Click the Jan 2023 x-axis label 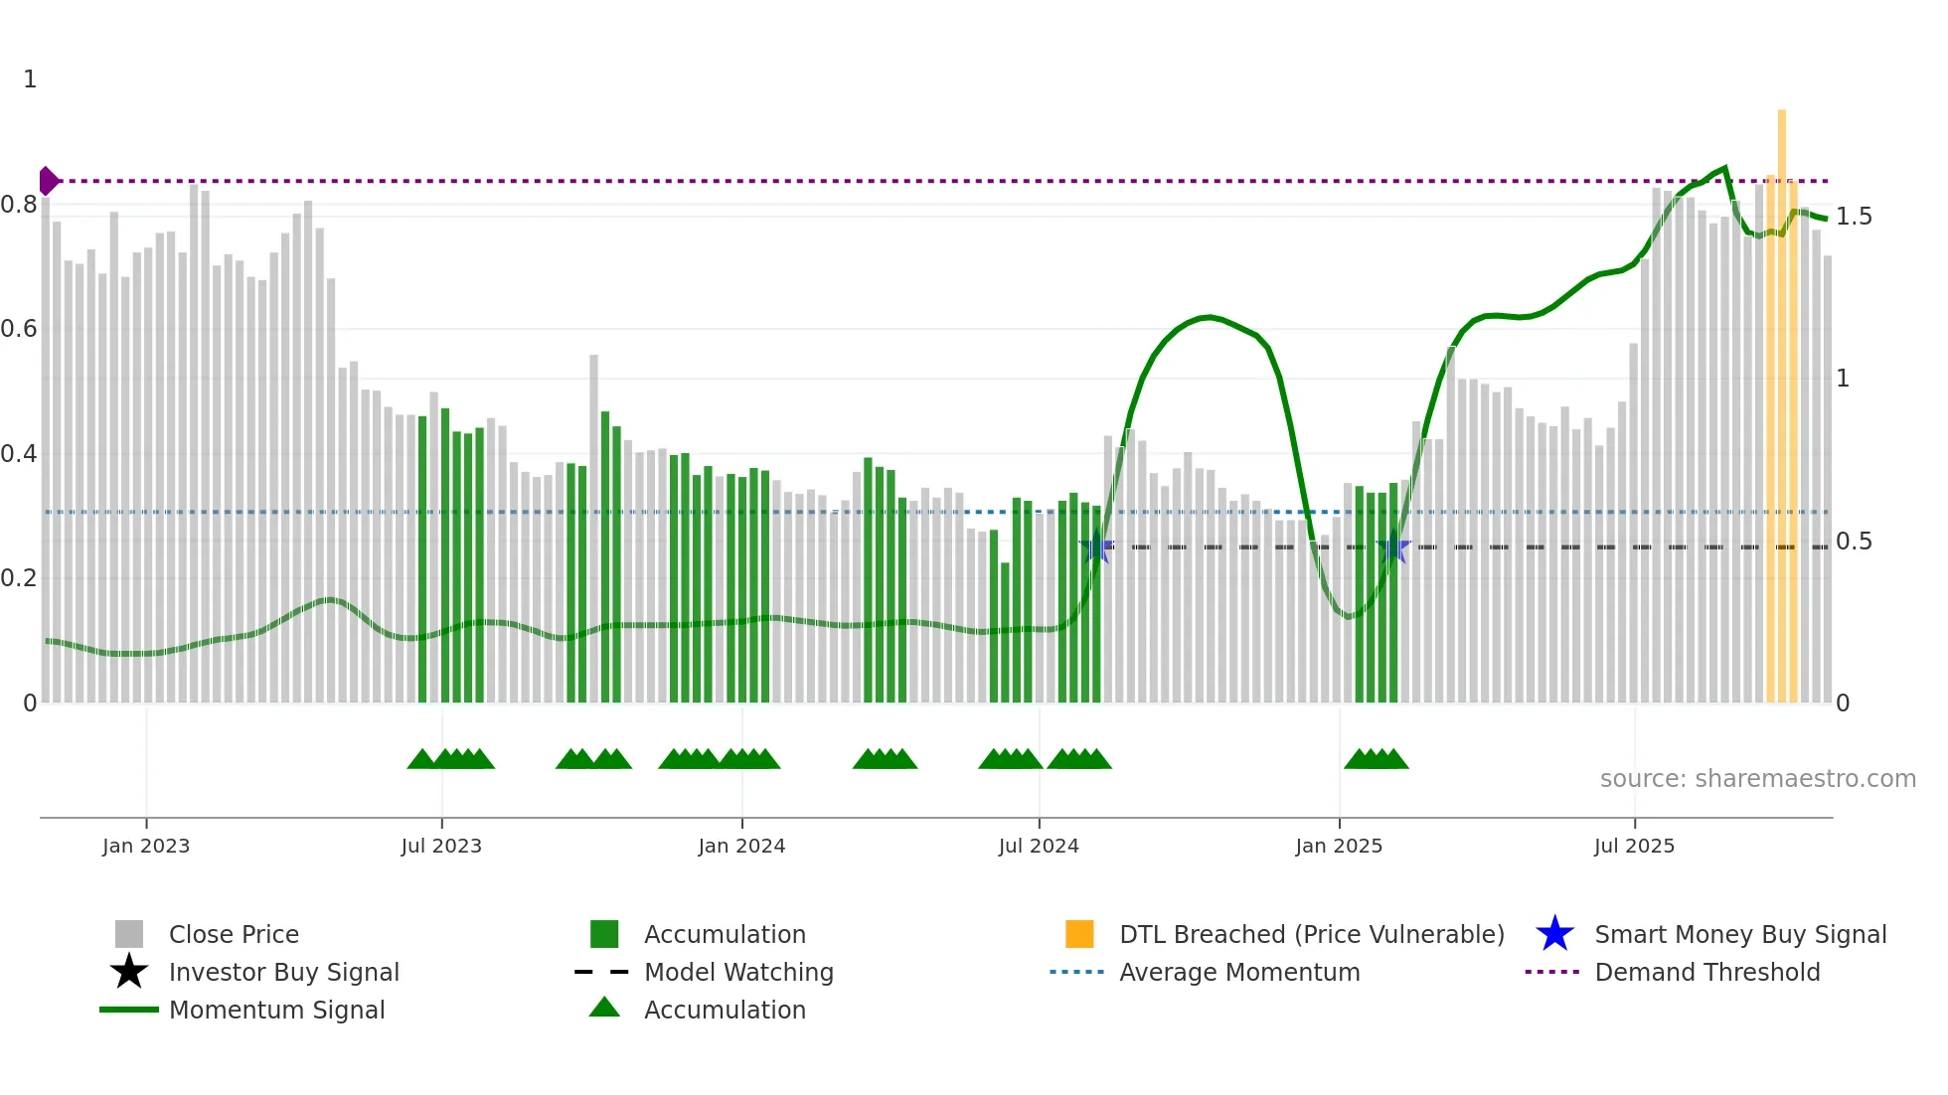146,846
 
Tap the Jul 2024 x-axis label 1039,846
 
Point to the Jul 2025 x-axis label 1634,846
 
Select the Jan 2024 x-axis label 741,846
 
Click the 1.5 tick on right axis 1854,217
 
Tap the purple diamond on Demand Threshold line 48,181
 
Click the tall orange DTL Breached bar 1782,397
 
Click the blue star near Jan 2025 1393,547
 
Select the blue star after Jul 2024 1096,547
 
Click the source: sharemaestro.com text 1757,779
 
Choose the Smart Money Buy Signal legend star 1554,934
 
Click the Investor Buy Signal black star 129,972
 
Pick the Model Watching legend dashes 602,972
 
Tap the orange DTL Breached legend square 1079,934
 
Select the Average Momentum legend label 1239,972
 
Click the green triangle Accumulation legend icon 604,1008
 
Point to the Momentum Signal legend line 129,1010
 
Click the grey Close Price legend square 129,934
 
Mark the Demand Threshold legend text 1706,972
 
